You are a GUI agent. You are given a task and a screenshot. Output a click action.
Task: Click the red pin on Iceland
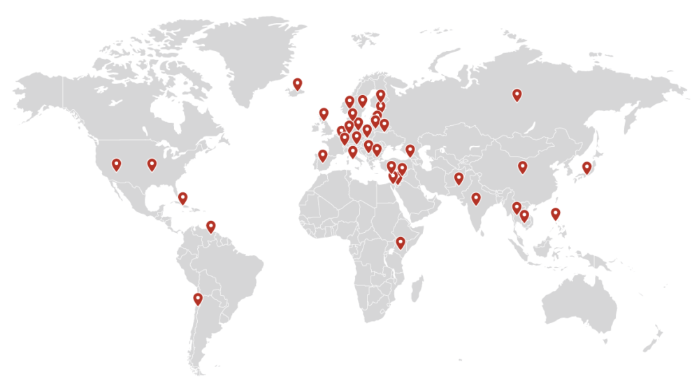(298, 84)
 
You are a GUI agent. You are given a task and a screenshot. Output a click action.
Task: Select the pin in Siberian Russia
(517, 94)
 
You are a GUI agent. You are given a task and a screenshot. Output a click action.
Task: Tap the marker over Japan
(586, 166)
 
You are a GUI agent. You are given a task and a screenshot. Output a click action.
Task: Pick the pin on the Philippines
(555, 213)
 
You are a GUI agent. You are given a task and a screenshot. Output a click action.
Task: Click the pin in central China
(522, 166)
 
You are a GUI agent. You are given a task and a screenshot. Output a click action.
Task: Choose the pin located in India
(476, 198)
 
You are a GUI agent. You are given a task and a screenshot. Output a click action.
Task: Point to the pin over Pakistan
(459, 178)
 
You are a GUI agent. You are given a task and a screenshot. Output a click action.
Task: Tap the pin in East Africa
(401, 243)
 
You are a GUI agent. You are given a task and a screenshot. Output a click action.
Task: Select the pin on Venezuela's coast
(211, 226)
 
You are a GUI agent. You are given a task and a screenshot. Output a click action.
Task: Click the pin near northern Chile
(198, 299)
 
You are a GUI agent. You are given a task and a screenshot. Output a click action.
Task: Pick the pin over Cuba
(183, 197)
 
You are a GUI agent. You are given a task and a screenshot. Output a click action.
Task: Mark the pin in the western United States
(116, 164)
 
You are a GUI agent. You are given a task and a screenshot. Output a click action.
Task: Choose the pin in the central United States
(152, 164)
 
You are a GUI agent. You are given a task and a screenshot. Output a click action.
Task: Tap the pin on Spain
(322, 155)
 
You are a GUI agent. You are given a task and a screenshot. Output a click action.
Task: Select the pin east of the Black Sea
(410, 149)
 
